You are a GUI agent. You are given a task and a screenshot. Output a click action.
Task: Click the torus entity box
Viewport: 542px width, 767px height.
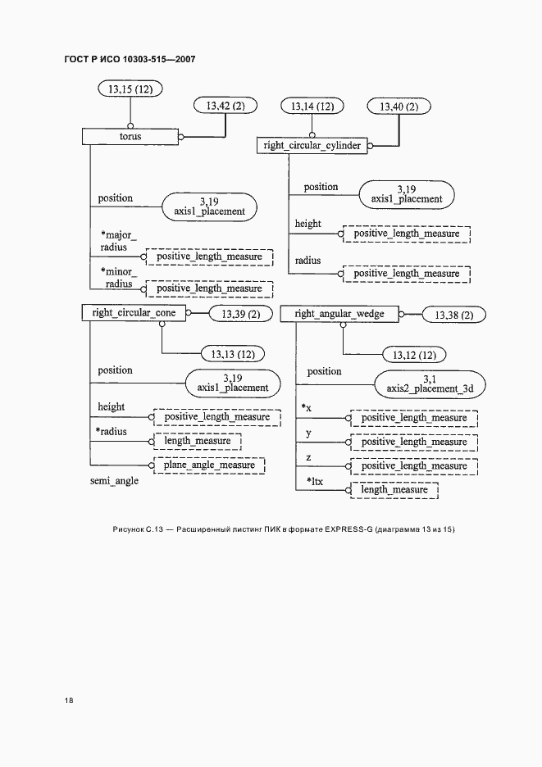[x=130, y=136]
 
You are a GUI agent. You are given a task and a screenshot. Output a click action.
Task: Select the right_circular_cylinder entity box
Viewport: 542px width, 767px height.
[x=312, y=146]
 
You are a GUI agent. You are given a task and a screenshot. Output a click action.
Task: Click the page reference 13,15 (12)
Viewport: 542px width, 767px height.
[x=130, y=88]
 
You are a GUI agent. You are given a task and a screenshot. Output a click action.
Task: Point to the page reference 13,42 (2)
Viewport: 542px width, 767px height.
[x=225, y=106]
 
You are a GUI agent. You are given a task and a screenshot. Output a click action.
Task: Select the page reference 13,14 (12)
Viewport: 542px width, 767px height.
[x=312, y=107]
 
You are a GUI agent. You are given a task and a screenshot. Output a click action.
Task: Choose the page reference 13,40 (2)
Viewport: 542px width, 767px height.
[x=399, y=107]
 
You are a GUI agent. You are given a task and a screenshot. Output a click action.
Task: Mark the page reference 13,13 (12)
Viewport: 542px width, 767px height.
[x=233, y=354]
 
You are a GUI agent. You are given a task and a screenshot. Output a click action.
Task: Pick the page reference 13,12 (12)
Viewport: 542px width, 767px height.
[x=415, y=355]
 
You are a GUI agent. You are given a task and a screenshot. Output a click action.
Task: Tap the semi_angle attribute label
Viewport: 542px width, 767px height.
[x=114, y=481]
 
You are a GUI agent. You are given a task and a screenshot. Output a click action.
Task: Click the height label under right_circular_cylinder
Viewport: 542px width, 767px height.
[x=307, y=224]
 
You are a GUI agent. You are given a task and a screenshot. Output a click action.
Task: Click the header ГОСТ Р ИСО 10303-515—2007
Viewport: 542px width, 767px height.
[x=129, y=59]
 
